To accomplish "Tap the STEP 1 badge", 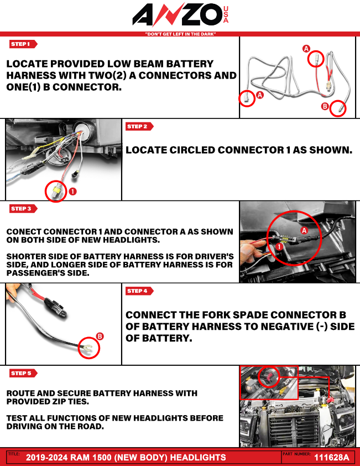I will (x=23, y=44).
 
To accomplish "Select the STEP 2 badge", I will (x=139, y=127).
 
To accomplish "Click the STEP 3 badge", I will (x=23, y=209).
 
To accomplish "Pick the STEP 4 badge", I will (x=139, y=291).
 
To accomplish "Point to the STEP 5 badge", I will (x=23, y=374).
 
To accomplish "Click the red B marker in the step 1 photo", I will (x=325, y=106).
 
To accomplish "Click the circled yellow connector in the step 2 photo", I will (x=55, y=191).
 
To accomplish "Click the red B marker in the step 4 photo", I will (x=100, y=336).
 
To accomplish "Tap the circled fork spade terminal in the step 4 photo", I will (x=88, y=348).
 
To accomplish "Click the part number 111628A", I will (x=331, y=458).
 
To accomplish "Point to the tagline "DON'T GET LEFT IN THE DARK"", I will (x=180, y=34).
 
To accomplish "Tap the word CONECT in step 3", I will (x=23, y=232).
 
